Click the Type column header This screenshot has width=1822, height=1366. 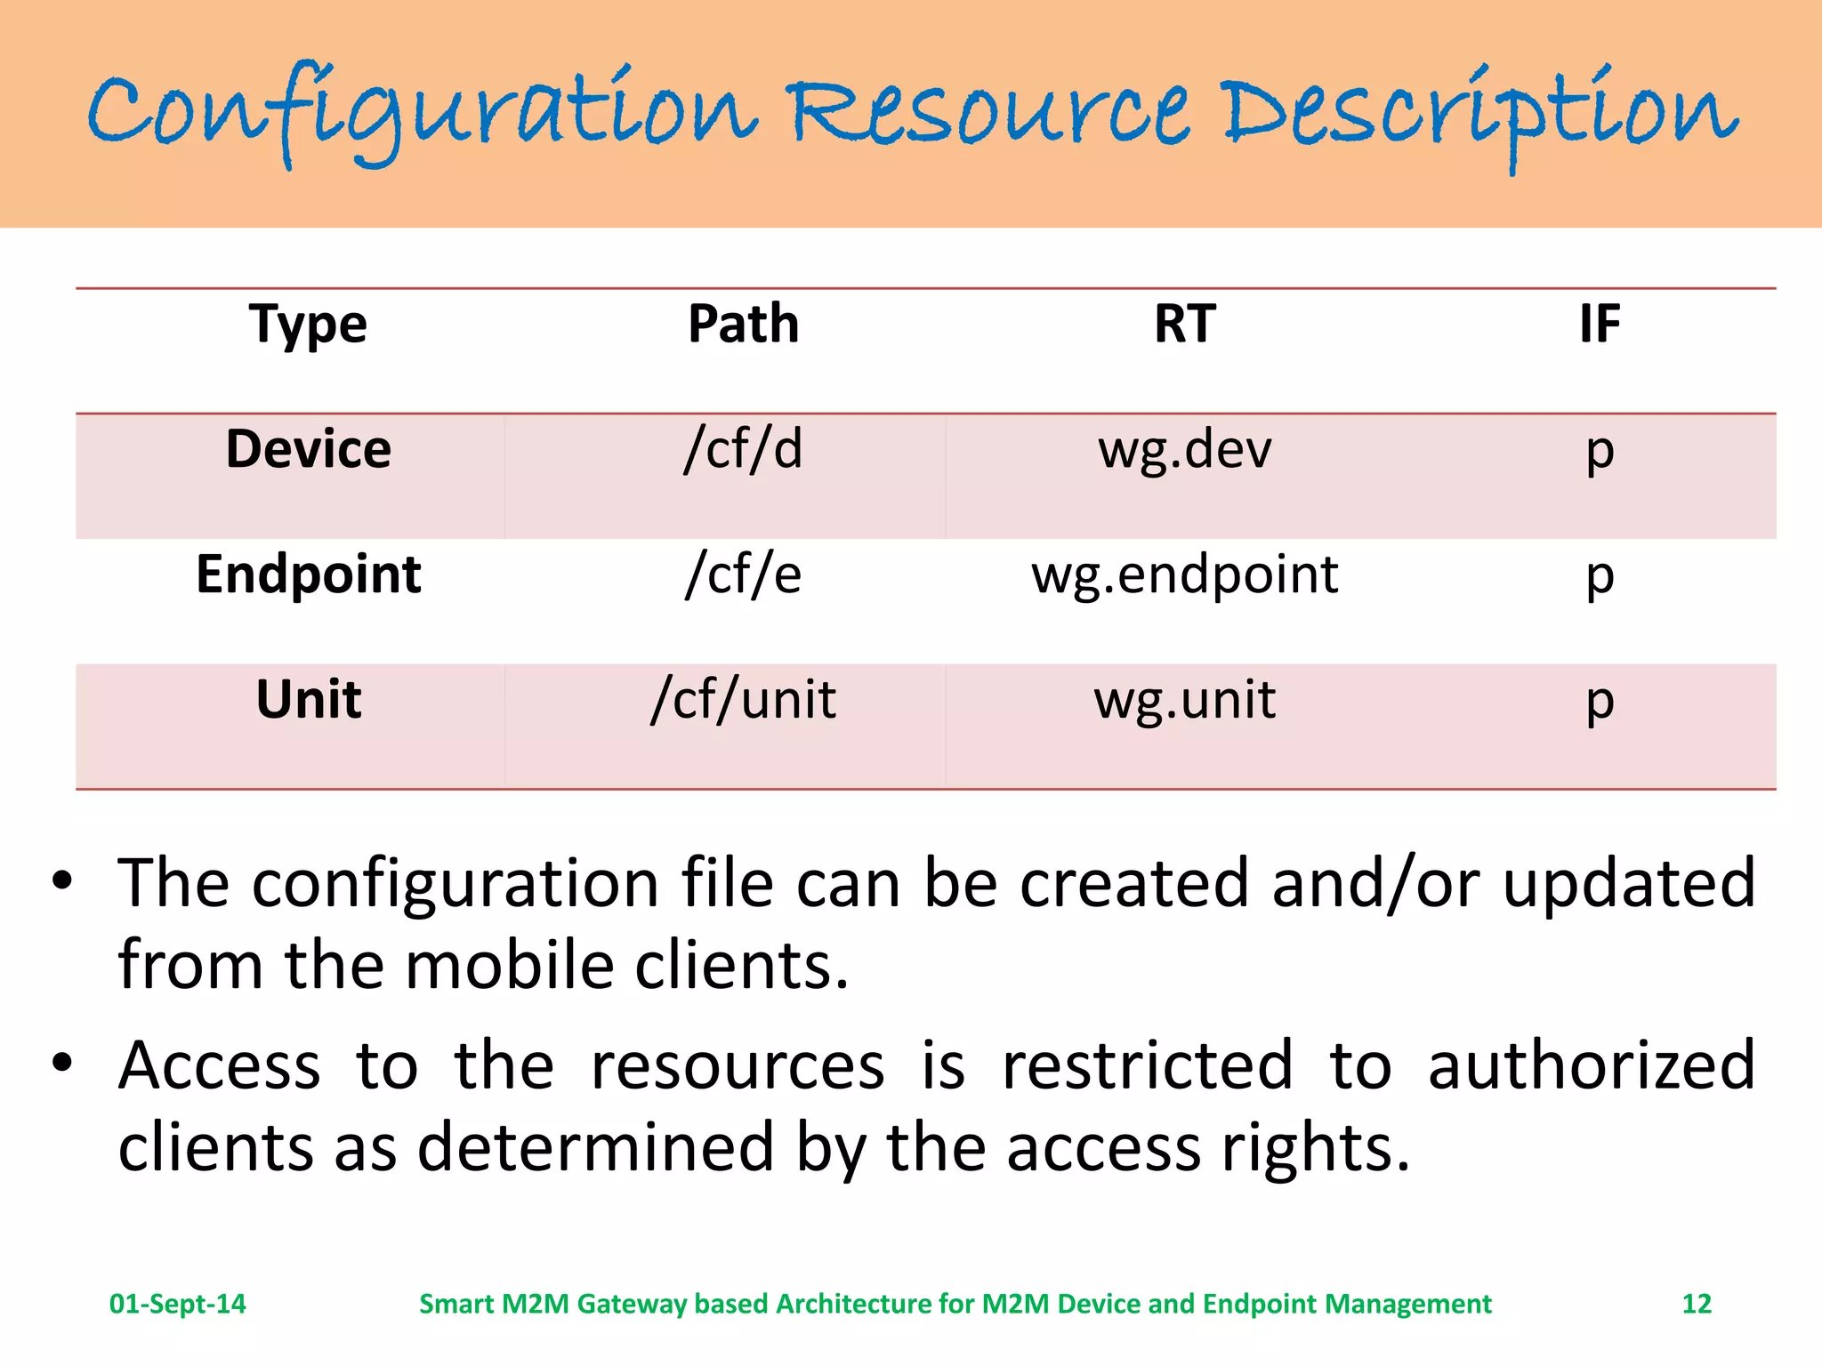point(307,324)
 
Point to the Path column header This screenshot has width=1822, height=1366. point(743,324)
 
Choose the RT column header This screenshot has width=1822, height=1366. point(1184,324)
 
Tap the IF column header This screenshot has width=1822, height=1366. point(1599,324)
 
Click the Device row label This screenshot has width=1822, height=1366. point(308,449)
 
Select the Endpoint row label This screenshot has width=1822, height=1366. point(308,575)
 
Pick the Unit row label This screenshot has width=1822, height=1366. point(308,700)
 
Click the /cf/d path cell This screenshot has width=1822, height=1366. point(743,449)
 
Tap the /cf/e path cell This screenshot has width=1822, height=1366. point(743,575)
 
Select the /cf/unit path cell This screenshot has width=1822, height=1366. point(743,700)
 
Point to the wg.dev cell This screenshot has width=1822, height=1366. point(1184,449)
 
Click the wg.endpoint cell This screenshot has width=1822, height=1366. point(1184,575)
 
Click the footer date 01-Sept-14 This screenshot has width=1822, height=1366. point(177,1304)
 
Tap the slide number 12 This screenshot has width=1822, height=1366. point(1696,1304)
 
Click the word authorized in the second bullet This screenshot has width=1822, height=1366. point(1591,1065)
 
